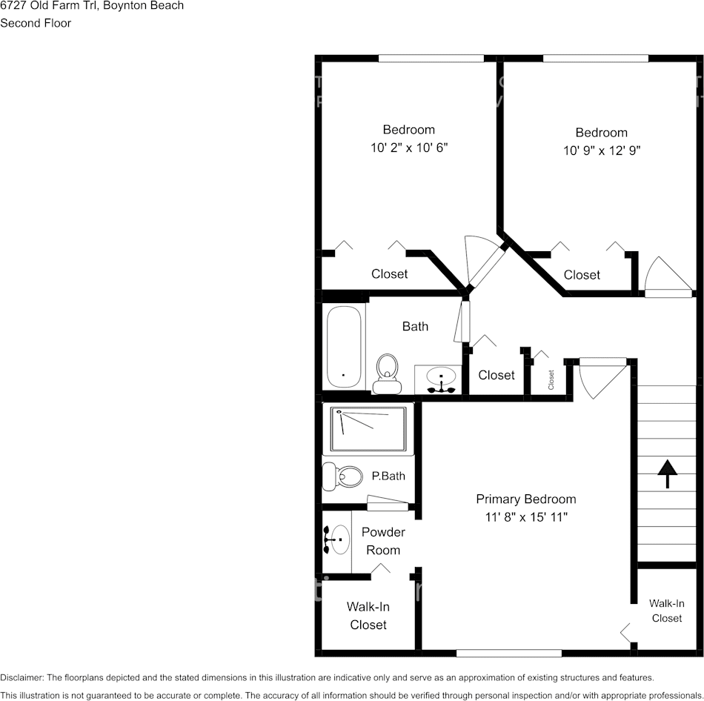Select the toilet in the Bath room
tap(386, 372)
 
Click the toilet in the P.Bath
tap(342, 474)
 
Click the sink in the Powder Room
tap(337, 539)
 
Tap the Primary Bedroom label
tap(525, 499)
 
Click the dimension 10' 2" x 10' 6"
tap(409, 147)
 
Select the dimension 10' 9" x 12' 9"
tap(601, 150)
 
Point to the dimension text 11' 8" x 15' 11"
tap(525, 516)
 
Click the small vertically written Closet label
tap(551, 379)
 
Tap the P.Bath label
tap(388, 476)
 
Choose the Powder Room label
tap(383, 541)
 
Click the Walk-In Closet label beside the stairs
tap(666, 611)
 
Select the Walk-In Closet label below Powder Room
tap(368, 616)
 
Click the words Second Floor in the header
tap(36, 23)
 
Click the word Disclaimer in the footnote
tap(22, 677)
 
